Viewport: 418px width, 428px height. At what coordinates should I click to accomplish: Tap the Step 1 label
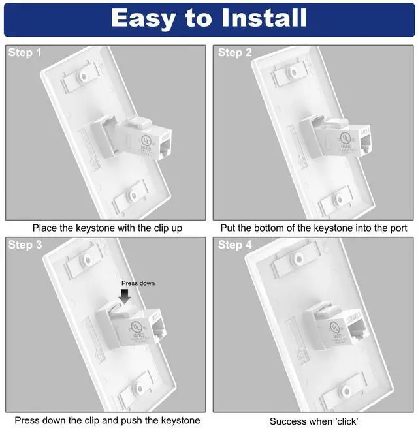[x=25, y=53]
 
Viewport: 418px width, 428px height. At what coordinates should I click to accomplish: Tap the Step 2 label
[x=235, y=53]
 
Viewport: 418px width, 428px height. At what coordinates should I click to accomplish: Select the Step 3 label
[x=25, y=245]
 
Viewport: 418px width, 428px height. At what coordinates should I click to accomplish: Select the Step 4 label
[x=235, y=245]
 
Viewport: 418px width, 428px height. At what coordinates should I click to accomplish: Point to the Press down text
[x=138, y=283]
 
